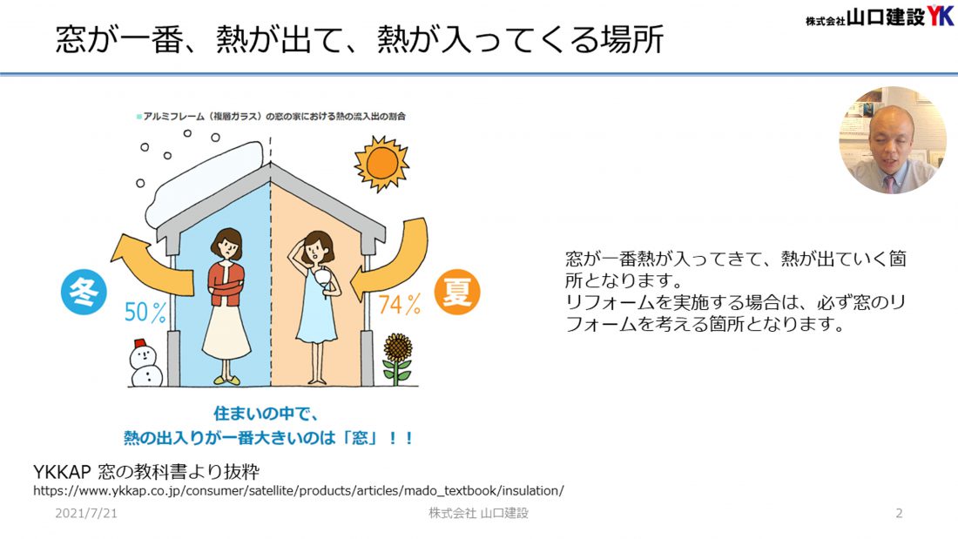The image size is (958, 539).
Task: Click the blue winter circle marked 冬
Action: (x=84, y=292)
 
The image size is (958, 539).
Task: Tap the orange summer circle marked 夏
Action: (x=457, y=292)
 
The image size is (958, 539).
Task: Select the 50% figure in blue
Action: (x=145, y=313)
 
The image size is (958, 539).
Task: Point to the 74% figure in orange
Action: (x=400, y=304)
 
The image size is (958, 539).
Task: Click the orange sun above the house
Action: (x=381, y=163)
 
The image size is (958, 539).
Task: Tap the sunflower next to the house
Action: (x=398, y=359)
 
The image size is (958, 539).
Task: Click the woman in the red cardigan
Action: (x=226, y=306)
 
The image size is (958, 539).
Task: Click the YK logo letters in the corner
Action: (x=940, y=16)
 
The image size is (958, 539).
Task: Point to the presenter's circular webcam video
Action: (x=893, y=140)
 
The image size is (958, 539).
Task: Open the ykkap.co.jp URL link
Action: (x=299, y=491)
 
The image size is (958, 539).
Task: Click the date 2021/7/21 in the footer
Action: (x=86, y=514)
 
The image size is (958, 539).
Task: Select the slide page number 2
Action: (x=899, y=514)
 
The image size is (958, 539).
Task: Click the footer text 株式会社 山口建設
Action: (x=478, y=514)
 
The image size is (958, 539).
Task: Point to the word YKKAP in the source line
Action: (x=62, y=473)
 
